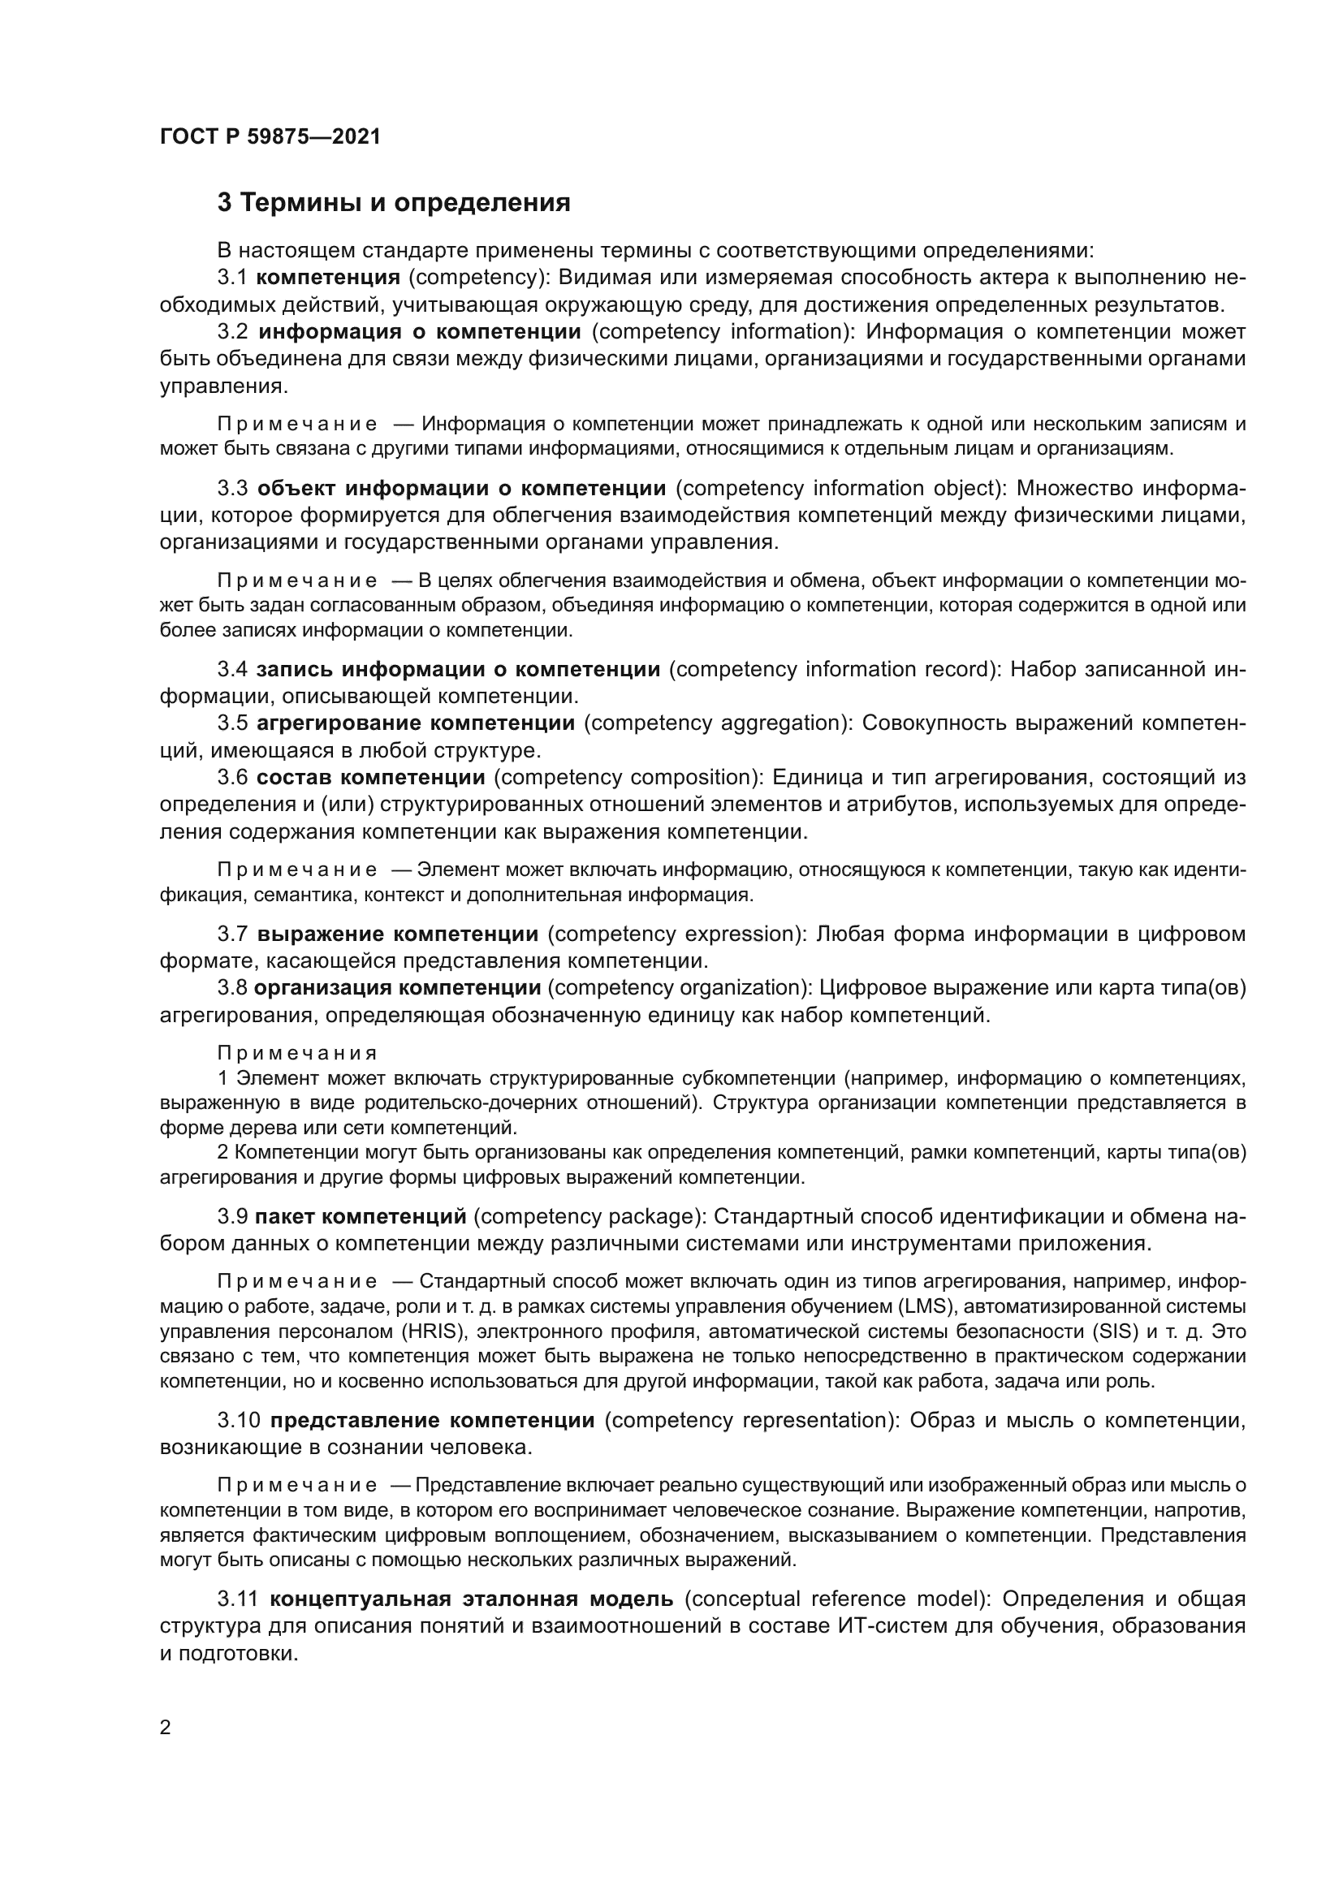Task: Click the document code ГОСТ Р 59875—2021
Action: coord(270,136)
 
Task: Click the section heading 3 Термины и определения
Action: coord(394,203)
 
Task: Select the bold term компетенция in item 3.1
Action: coord(328,277)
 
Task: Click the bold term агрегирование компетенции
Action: coord(415,723)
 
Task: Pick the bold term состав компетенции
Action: coord(370,778)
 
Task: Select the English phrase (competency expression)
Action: coord(676,934)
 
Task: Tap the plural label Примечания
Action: coord(298,1053)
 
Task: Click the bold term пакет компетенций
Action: coord(361,1216)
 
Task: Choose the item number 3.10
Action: coord(239,1420)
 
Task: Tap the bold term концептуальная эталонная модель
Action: coord(472,1598)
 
